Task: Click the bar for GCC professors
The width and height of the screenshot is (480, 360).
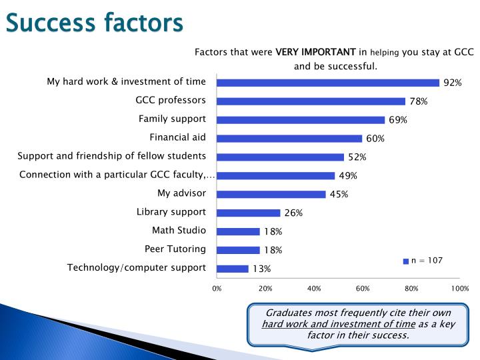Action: click(x=311, y=101)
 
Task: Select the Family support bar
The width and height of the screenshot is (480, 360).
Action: click(x=301, y=120)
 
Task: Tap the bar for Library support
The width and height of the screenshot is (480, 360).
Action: click(x=249, y=213)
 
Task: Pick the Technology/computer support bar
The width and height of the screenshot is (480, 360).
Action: click(x=233, y=269)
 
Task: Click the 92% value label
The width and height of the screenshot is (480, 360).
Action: click(x=453, y=83)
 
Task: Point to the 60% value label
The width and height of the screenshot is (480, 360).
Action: click(x=375, y=139)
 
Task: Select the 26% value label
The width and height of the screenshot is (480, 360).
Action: click(x=293, y=213)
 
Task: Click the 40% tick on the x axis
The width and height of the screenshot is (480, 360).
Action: click(x=314, y=289)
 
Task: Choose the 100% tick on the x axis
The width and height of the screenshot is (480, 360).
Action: click(x=459, y=289)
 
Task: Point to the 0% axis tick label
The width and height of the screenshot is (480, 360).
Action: click(x=217, y=289)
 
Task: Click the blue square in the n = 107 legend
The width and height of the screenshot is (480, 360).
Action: click(x=405, y=261)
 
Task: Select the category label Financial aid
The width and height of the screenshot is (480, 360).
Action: click(x=178, y=137)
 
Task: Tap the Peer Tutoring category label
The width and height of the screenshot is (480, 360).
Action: click(x=175, y=249)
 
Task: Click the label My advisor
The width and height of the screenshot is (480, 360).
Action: click(x=181, y=193)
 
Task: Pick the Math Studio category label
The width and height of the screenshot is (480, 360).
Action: click(x=179, y=230)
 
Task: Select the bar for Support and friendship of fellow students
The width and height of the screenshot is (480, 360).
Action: click(x=280, y=157)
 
